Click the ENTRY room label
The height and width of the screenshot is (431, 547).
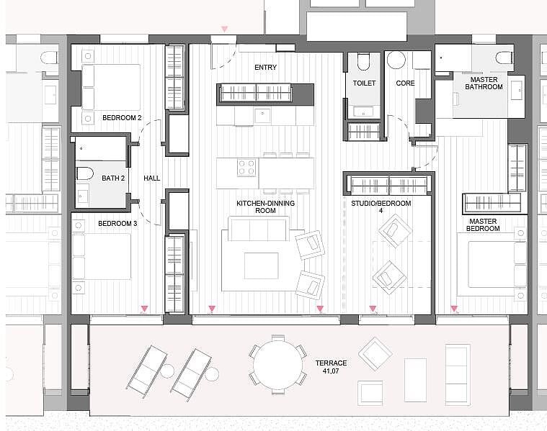(265, 67)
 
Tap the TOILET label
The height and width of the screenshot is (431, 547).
(364, 83)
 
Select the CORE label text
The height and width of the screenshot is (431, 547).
(405, 83)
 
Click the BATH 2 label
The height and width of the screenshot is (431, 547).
(113, 178)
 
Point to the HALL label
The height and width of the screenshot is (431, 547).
(152, 178)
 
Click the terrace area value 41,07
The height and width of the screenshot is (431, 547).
(331, 371)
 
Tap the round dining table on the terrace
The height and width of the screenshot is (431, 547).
(278, 365)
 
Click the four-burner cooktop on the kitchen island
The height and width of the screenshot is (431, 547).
(246, 167)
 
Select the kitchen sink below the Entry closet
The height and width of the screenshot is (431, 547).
(262, 116)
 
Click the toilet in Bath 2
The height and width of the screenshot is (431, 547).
(85, 173)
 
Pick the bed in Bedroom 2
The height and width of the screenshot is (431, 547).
(111, 87)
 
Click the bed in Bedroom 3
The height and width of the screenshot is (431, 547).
(102, 256)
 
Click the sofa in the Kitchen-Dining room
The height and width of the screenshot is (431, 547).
(259, 229)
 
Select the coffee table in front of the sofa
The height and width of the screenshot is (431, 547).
(262, 266)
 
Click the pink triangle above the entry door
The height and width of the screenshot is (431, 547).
(225, 30)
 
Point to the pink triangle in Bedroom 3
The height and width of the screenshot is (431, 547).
(144, 309)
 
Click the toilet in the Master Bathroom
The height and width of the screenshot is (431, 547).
(504, 58)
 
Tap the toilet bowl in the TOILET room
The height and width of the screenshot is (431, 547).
(364, 62)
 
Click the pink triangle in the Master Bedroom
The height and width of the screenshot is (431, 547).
(454, 309)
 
